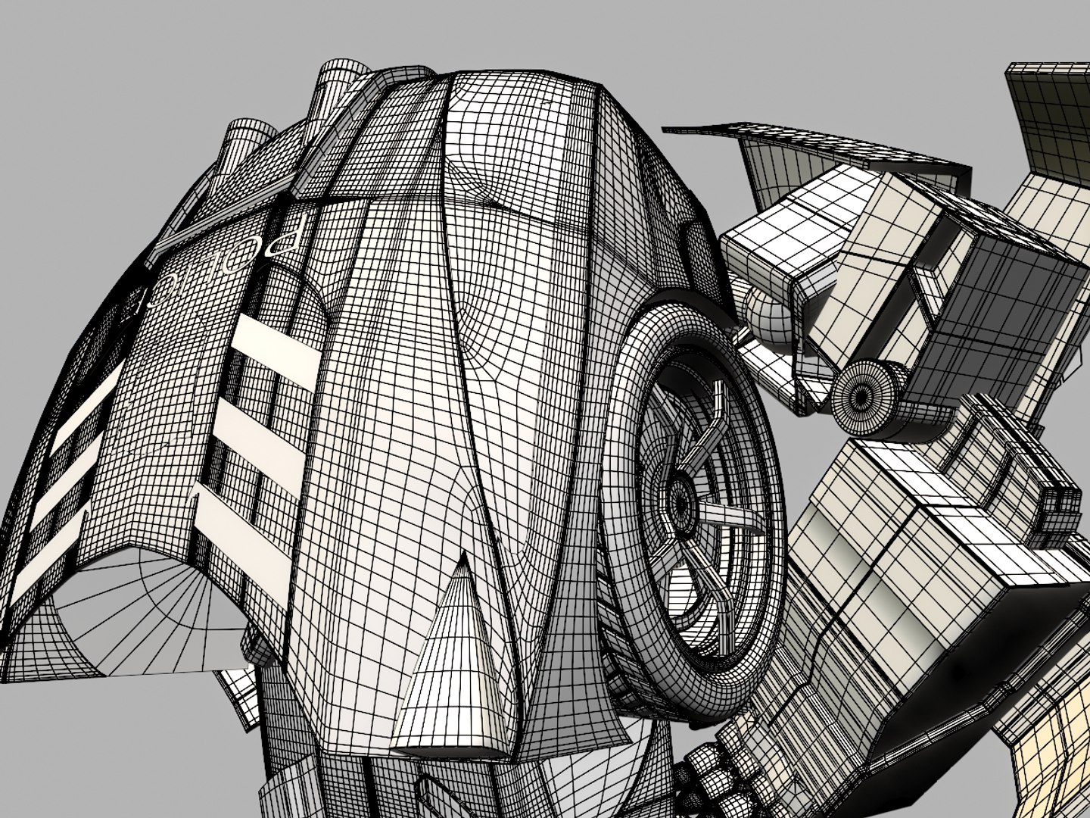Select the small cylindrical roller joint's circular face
pos(861,393)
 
